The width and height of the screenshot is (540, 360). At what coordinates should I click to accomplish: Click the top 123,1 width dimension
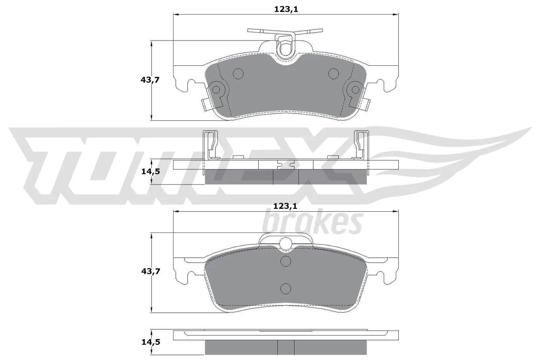pos(286,9)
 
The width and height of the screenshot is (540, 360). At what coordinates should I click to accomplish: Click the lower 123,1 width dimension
pos(286,206)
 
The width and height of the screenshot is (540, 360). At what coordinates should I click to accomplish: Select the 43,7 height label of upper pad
pos(150,80)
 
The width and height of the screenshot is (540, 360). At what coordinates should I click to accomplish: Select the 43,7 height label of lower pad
pos(150,271)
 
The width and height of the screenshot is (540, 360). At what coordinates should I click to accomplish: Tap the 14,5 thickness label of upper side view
pos(150,171)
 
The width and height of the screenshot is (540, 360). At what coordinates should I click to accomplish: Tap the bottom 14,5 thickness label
pos(150,342)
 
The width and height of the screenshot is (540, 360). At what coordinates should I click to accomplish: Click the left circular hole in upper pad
pos(238,73)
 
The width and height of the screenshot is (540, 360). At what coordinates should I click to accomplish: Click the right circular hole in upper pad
pos(333,73)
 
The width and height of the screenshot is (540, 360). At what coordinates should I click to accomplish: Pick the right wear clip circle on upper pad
pos(356,89)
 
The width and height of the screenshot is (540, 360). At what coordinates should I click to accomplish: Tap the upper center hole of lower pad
pos(286,261)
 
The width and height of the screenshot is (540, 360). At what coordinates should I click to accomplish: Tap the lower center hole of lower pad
pos(286,288)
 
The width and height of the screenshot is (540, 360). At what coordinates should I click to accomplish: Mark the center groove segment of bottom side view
pos(286,347)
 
